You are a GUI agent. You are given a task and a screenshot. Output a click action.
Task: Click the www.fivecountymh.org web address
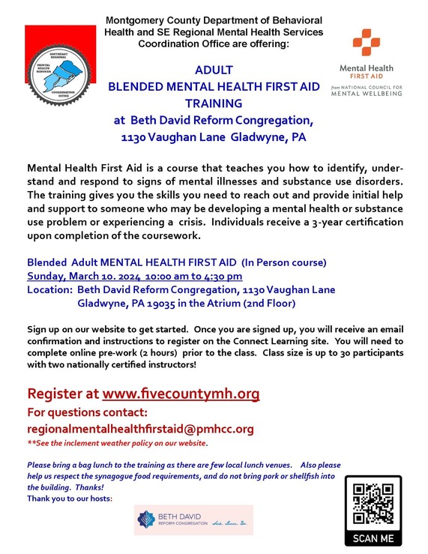(181, 394)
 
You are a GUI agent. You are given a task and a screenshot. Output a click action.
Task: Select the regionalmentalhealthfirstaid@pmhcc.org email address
(140, 429)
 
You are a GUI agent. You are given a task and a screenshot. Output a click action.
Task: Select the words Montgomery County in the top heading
(154, 19)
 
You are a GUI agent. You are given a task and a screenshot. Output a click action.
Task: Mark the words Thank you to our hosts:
(69, 499)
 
